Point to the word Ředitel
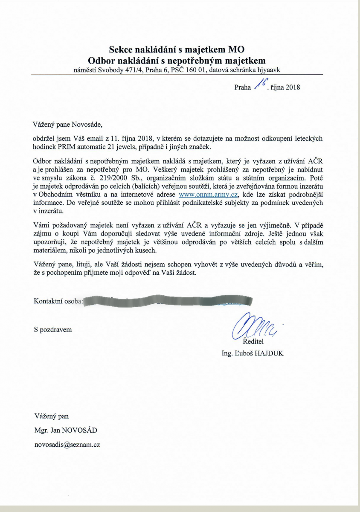(254, 342)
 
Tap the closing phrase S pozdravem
(53, 329)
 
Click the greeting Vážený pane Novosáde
(68, 125)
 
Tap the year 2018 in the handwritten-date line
(293, 87)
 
